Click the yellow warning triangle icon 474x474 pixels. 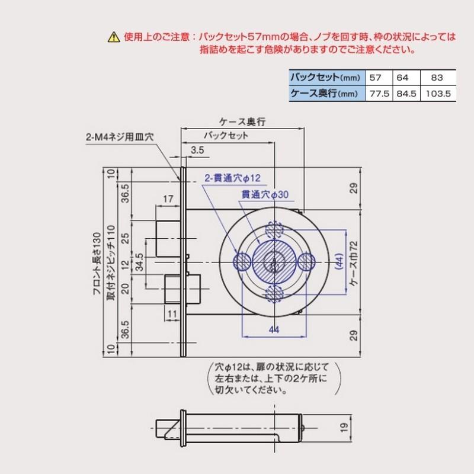point(113,38)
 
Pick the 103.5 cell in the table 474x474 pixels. point(439,93)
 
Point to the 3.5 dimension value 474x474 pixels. point(198,151)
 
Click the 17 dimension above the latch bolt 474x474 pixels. point(167,198)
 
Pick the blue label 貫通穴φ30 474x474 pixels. point(264,194)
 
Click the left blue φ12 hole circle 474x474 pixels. point(242,260)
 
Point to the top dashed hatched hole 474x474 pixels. point(274,229)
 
